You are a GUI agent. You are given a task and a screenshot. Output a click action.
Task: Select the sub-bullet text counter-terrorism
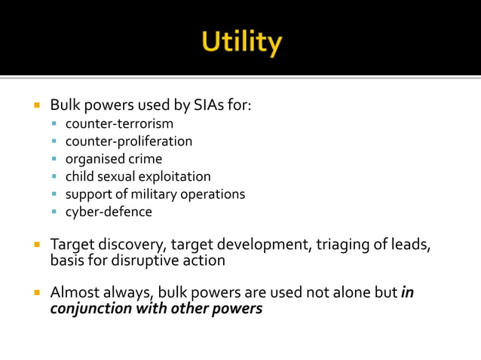click(119, 124)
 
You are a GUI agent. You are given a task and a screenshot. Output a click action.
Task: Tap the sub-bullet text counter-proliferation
click(128, 141)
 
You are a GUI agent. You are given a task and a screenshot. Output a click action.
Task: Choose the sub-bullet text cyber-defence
click(109, 212)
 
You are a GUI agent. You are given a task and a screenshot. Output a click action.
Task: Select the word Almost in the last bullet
click(74, 292)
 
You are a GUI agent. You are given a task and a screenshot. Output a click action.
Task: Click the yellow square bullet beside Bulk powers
click(35, 105)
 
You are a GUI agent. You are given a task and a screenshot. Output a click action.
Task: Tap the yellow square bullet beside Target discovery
click(35, 245)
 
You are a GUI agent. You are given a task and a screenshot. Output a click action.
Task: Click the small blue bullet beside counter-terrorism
click(55, 124)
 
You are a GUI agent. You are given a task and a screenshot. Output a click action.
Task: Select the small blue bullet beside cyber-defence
click(55, 212)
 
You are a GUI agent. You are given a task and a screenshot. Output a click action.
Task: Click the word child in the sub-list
click(79, 176)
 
